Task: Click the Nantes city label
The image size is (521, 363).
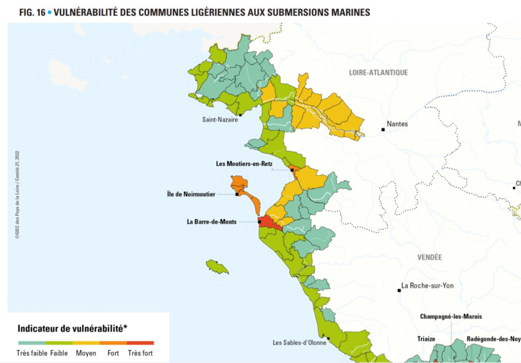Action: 397,124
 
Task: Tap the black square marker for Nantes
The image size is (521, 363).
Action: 383,130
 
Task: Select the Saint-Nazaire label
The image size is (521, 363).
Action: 220,120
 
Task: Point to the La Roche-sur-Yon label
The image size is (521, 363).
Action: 427,285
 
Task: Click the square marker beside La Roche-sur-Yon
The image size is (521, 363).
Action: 399,290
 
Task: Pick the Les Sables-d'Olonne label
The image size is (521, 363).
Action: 299,342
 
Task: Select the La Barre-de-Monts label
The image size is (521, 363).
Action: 212,222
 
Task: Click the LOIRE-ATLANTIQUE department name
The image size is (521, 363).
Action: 378,73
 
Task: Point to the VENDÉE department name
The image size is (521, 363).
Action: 429,257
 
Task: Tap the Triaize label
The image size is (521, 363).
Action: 426,339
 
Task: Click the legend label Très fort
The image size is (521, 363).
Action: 140,353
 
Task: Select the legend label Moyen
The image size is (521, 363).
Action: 86,353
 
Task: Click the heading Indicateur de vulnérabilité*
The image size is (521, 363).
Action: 73,328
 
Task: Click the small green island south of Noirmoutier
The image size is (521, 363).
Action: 217,267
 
